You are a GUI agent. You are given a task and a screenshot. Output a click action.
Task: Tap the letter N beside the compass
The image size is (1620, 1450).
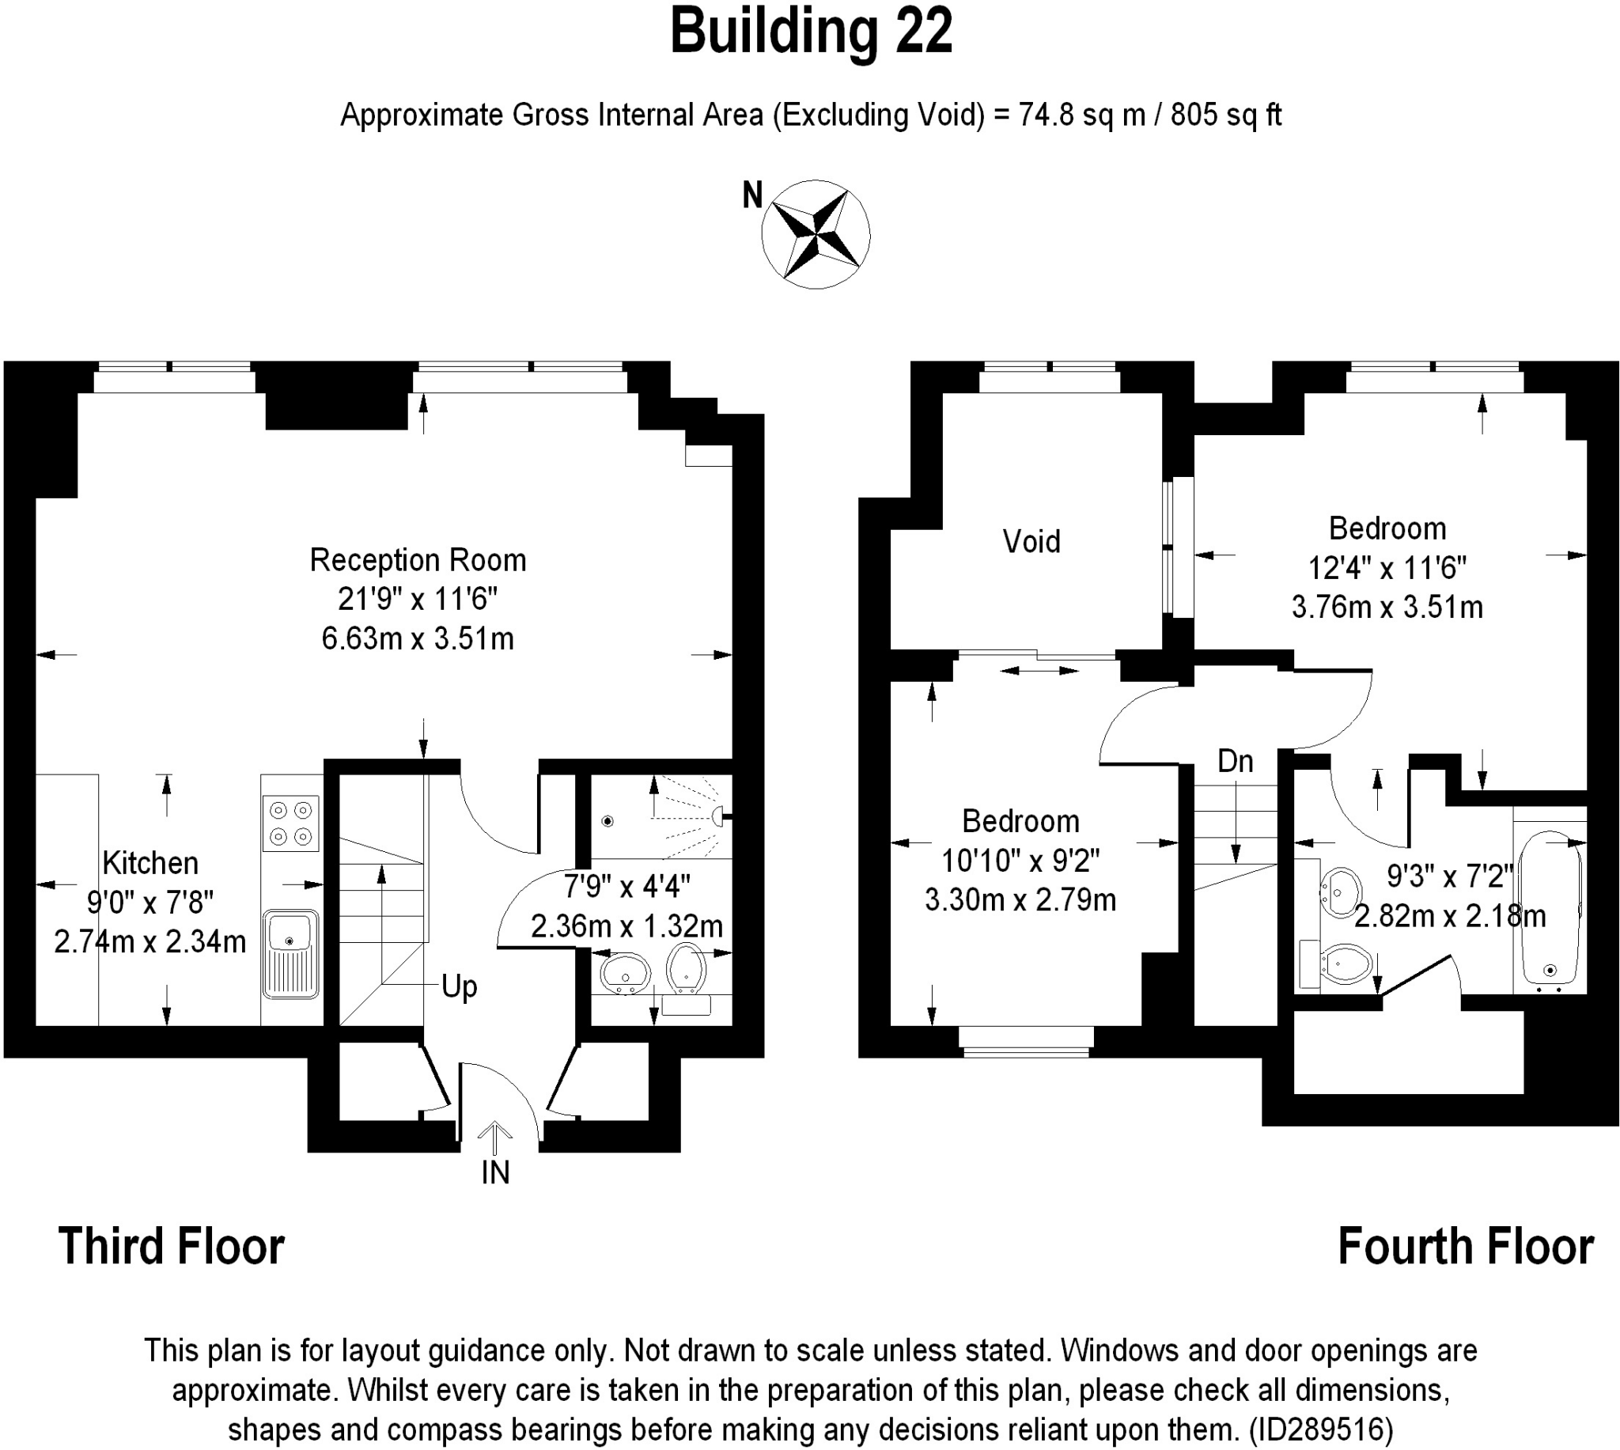pyautogui.click(x=751, y=195)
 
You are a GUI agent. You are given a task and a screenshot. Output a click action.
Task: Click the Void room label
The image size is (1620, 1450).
pyautogui.click(x=1031, y=542)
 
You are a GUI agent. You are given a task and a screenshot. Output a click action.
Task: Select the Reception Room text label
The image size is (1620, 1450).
pyautogui.click(x=418, y=560)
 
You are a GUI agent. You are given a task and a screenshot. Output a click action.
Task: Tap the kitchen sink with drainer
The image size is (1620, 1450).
pyautogui.click(x=291, y=954)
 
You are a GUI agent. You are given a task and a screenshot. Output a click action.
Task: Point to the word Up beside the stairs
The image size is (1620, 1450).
pyautogui.click(x=460, y=987)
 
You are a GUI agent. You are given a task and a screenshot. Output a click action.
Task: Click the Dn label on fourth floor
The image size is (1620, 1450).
pyautogui.click(x=1236, y=762)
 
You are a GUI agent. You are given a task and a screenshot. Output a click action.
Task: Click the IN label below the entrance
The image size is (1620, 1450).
pyautogui.click(x=495, y=1173)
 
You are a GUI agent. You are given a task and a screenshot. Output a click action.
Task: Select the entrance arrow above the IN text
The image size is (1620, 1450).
pyautogui.click(x=494, y=1138)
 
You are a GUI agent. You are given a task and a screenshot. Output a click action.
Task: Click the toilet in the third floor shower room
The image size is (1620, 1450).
pyautogui.click(x=687, y=969)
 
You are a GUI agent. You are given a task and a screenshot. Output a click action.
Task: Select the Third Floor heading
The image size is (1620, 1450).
pyautogui.click(x=171, y=1247)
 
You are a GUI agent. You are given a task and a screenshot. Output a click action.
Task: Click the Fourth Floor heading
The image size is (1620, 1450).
pyautogui.click(x=1466, y=1247)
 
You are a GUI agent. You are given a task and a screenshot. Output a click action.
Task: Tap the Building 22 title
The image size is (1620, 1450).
pyautogui.click(x=811, y=32)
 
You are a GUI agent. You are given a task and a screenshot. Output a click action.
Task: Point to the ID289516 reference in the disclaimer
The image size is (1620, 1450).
pyautogui.click(x=1322, y=1429)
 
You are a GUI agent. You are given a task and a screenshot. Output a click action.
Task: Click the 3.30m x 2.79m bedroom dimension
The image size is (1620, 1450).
pyautogui.click(x=1020, y=900)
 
